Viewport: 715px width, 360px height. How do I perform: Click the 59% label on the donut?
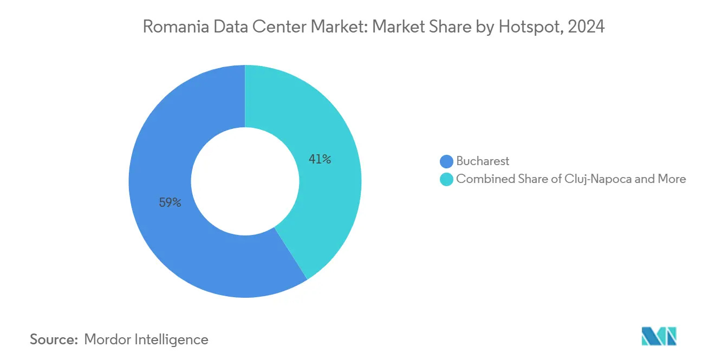170,203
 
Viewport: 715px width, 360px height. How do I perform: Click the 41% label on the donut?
320,159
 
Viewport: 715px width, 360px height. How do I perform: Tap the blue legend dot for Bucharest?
446,161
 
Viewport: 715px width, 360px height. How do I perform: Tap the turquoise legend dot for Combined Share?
446,179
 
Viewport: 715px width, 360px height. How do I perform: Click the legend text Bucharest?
483,161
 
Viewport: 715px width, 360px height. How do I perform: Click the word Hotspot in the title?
524,27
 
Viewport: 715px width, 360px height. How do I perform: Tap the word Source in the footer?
53,339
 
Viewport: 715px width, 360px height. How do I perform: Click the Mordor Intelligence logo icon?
659,336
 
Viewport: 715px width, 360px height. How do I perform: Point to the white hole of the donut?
245,181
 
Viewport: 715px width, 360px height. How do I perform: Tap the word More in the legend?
672,179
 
